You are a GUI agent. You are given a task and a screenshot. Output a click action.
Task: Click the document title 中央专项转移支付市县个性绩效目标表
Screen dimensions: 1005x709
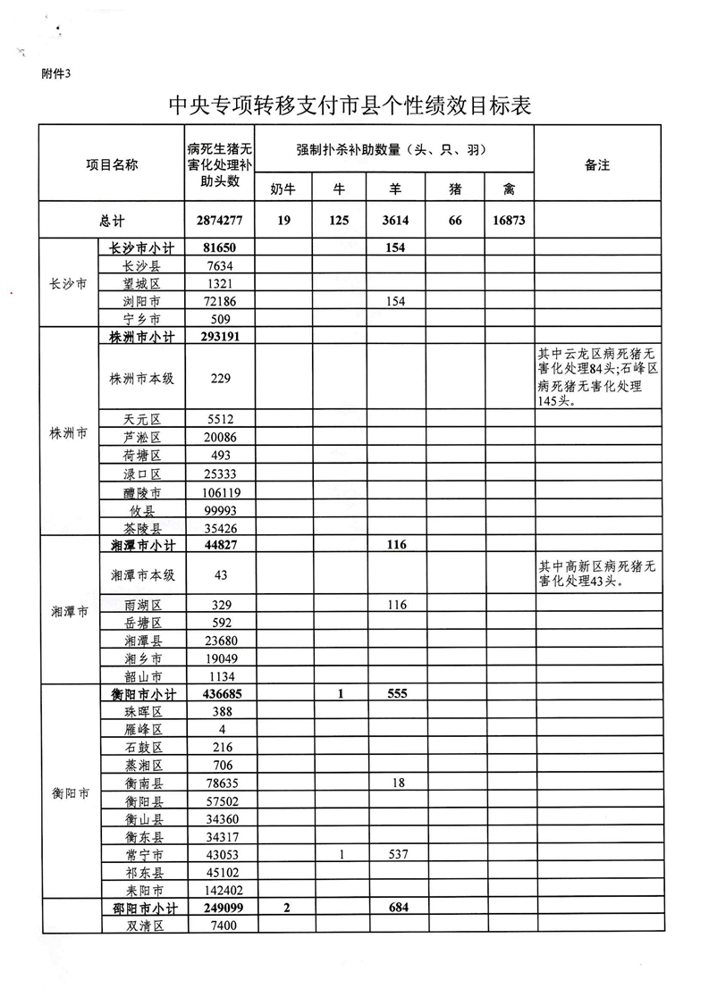coord(350,105)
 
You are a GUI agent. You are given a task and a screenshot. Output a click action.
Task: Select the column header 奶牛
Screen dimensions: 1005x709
coord(283,188)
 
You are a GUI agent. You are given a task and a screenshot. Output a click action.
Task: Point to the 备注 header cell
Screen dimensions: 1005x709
coord(597,164)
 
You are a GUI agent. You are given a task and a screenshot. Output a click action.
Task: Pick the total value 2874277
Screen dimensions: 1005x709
coord(221,221)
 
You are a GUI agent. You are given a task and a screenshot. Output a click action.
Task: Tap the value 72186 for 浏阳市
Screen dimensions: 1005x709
coord(221,301)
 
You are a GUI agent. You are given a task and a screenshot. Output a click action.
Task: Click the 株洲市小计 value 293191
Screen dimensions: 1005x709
coord(221,336)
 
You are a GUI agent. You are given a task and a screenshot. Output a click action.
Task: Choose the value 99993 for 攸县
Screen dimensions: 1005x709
coord(221,510)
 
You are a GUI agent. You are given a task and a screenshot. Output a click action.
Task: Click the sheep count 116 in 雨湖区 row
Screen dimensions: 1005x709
coord(397,605)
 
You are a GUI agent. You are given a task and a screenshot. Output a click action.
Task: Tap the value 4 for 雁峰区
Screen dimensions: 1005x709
coord(221,729)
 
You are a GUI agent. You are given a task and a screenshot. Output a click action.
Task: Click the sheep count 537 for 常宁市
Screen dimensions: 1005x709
coord(397,854)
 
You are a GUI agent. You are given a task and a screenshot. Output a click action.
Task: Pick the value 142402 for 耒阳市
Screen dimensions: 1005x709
coord(221,890)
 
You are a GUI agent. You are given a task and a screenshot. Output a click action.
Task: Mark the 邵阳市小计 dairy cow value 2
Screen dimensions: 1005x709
coord(283,907)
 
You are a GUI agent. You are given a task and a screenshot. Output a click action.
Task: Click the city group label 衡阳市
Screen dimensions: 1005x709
coord(70,792)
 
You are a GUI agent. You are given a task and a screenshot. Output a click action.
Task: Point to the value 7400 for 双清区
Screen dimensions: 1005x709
coord(221,925)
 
